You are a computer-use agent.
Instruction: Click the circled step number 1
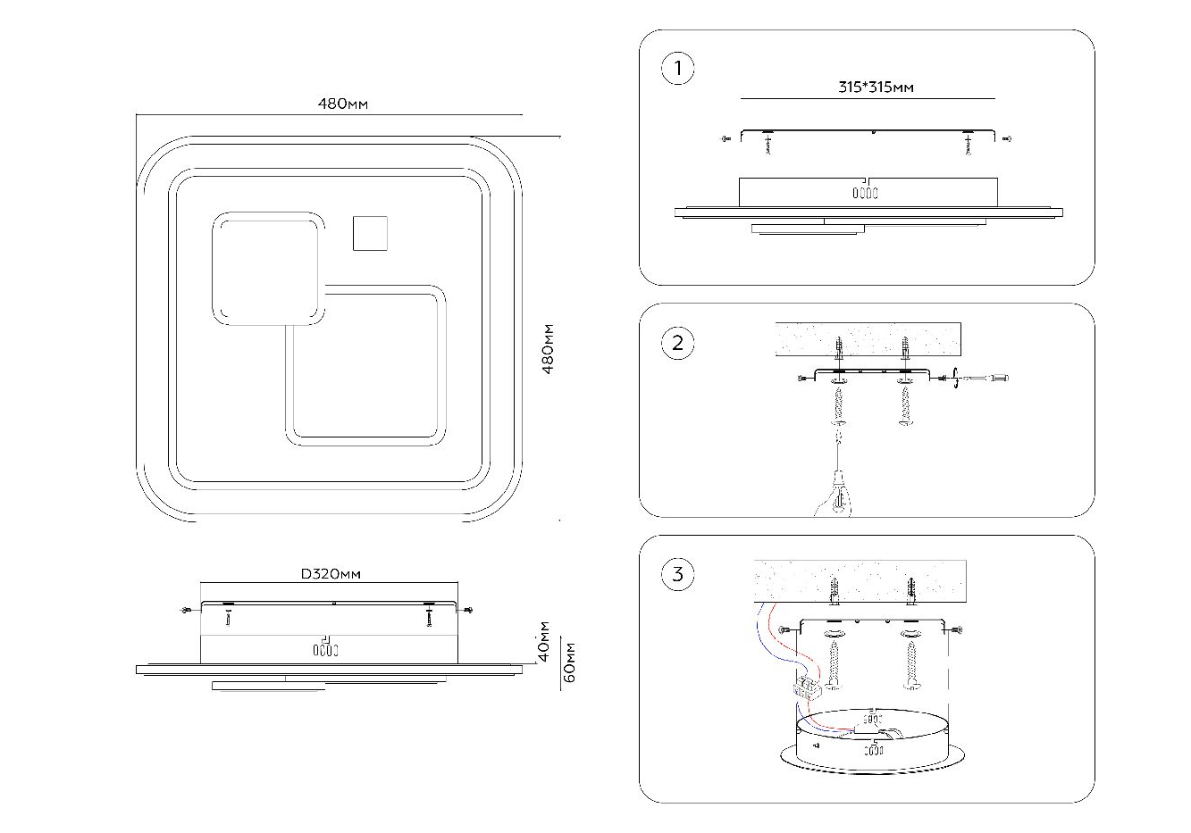click(x=678, y=69)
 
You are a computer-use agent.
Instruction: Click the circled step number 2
click(x=678, y=344)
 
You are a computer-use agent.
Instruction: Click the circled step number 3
click(x=678, y=574)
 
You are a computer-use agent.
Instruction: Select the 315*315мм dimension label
click(x=876, y=87)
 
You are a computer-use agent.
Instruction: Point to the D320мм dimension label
click(x=330, y=574)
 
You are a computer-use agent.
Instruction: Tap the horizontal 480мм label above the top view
click(x=343, y=104)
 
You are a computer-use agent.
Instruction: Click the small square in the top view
click(x=370, y=232)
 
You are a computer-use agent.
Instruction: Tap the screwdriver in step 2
click(x=987, y=379)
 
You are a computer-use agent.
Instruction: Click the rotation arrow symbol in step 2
click(x=957, y=379)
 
